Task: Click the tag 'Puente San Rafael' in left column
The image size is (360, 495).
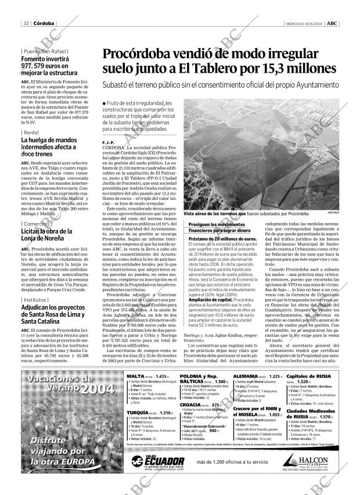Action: coord(44,51)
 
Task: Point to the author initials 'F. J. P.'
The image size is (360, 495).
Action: coord(107,142)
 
